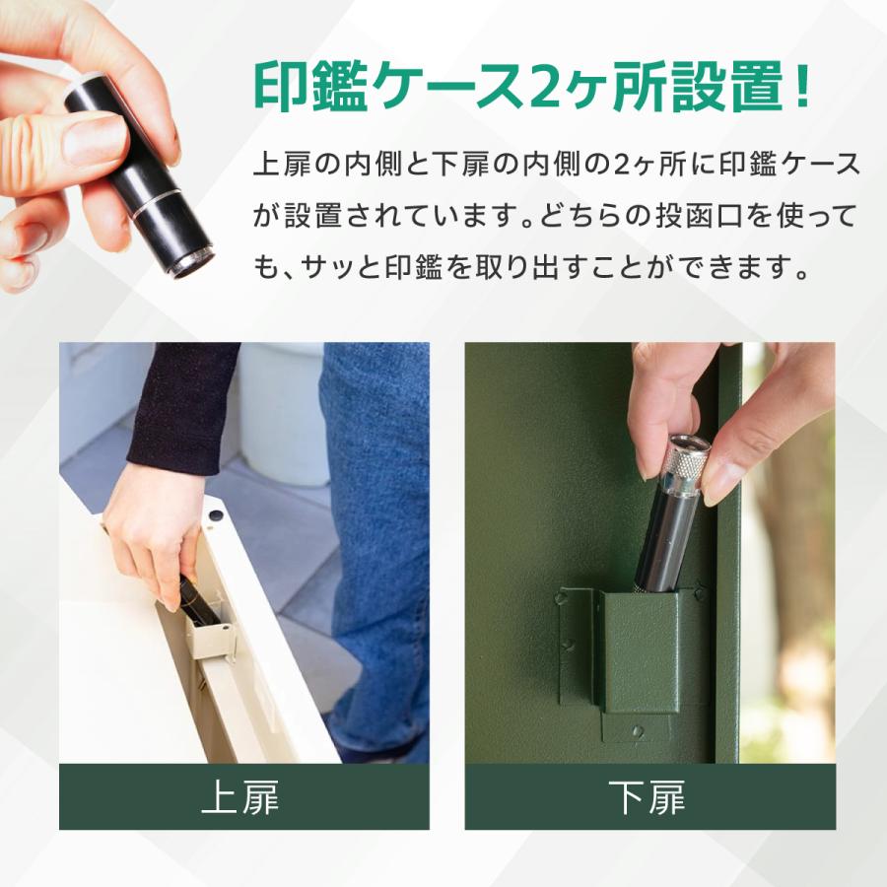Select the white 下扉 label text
tap(648, 797)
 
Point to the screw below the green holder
tap(638, 730)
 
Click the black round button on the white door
tap(215, 514)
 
